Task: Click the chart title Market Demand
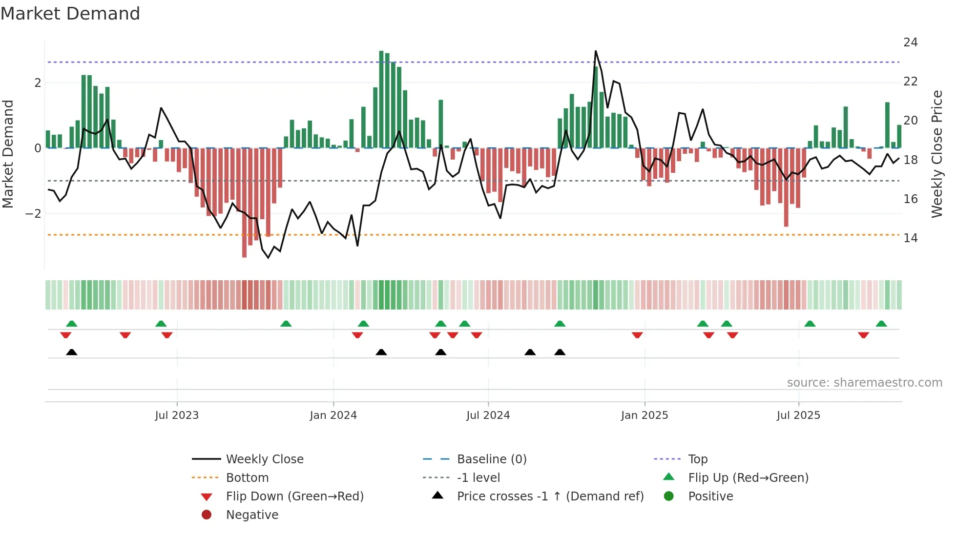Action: point(70,14)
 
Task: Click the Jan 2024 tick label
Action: point(333,415)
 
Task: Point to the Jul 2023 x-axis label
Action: point(177,415)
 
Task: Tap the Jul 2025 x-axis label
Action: point(798,415)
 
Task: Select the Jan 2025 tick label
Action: point(644,415)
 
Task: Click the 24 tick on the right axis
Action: point(910,42)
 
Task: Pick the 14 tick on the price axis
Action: point(910,238)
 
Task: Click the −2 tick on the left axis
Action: point(34,214)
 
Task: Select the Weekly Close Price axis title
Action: point(936,154)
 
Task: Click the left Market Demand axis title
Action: point(8,154)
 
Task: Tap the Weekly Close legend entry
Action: point(264,459)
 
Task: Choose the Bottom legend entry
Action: point(247,478)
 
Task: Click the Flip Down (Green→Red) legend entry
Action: point(294,497)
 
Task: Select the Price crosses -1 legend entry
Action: point(550,497)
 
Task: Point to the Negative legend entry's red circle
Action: point(207,515)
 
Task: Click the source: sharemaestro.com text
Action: point(864,383)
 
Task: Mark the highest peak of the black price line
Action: point(596,51)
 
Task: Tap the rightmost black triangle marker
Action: point(560,352)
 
